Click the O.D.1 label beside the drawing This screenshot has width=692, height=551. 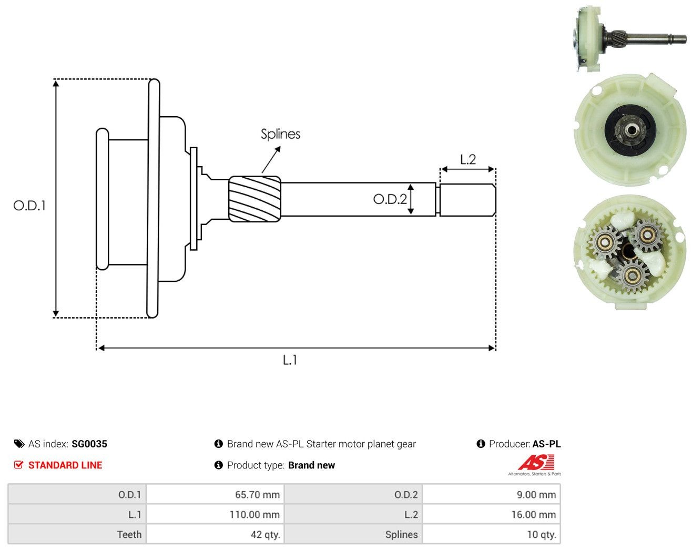(x=29, y=206)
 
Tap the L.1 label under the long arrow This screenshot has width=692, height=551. (x=290, y=360)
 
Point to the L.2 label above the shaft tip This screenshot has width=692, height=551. (x=468, y=159)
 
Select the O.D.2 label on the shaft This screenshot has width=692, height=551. (x=390, y=199)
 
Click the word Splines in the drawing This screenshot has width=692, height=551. (x=280, y=134)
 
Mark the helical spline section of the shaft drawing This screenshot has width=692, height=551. (x=255, y=199)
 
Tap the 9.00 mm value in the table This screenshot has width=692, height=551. (x=536, y=494)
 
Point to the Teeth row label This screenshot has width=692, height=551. (x=129, y=534)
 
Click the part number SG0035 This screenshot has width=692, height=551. (x=89, y=444)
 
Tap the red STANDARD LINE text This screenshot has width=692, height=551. (x=65, y=465)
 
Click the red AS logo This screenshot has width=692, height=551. (x=536, y=462)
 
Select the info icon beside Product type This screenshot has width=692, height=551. (x=218, y=465)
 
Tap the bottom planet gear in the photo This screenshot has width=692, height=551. (x=633, y=275)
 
